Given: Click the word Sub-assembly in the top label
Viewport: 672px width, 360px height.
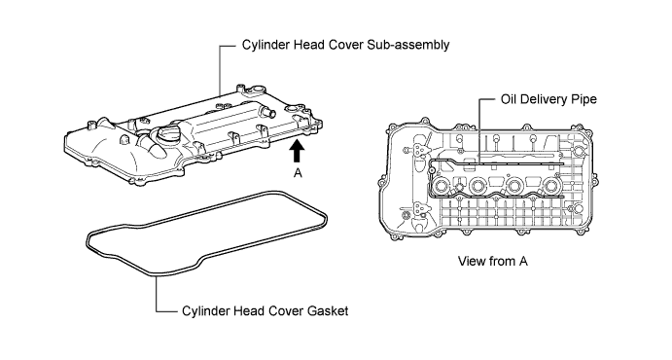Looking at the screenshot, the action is click(x=408, y=45).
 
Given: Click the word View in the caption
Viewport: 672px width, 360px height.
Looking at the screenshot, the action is click(x=471, y=261).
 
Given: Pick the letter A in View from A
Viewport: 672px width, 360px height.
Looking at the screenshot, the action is click(x=523, y=261).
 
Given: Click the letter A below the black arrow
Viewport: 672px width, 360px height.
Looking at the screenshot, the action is click(x=298, y=173).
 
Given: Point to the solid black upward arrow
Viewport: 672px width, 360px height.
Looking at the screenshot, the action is click(x=297, y=151).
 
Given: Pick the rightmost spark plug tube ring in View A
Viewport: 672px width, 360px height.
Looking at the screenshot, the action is click(x=551, y=187).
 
